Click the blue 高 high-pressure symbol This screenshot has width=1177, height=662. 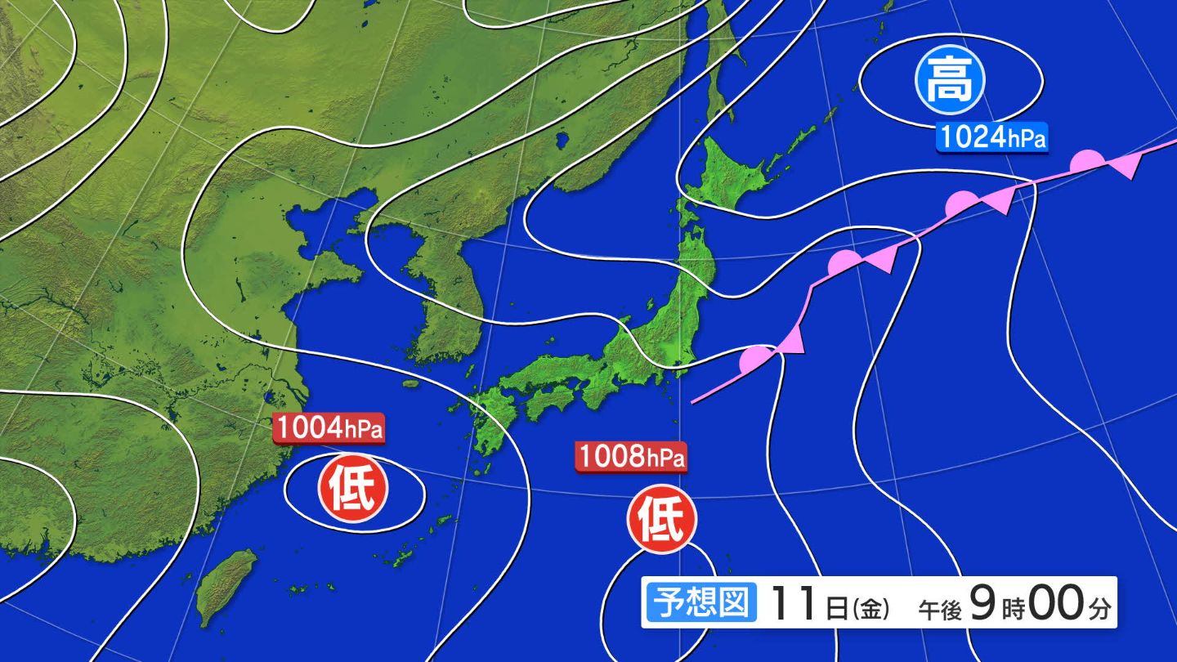coord(950,81)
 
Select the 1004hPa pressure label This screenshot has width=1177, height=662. coord(329,428)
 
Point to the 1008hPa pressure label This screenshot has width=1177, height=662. coord(631,457)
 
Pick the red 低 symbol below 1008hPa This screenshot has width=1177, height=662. coord(661,521)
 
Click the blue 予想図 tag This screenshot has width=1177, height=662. coord(700,604)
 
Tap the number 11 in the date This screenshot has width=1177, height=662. coord(793,606)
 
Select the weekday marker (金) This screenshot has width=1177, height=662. coord(870,608)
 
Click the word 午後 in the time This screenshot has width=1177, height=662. coord(939,609)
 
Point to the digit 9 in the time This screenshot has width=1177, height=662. coord(982,605)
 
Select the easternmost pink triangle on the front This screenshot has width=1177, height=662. coord(1126,168)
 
